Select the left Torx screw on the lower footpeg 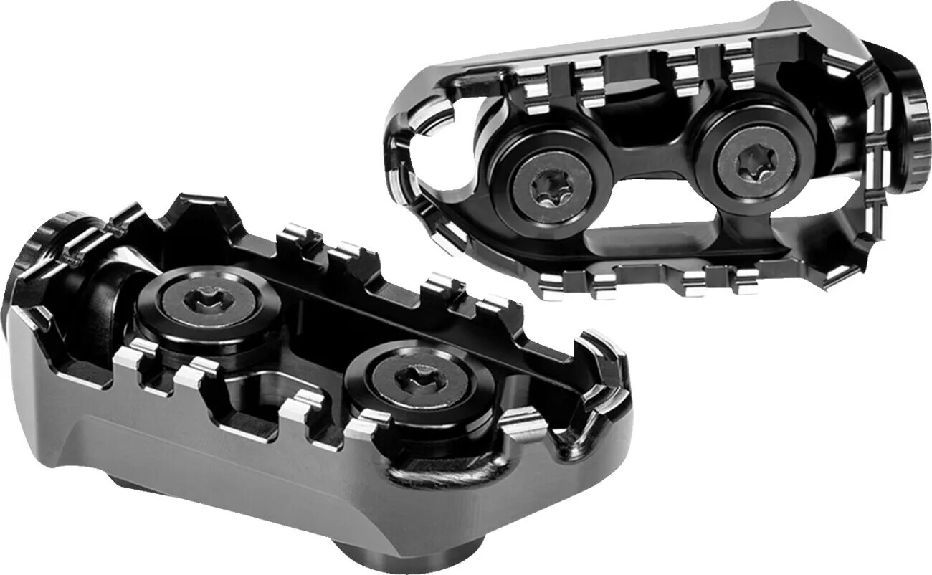tap(209, 302)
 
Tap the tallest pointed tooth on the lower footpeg tap(197, 212)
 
